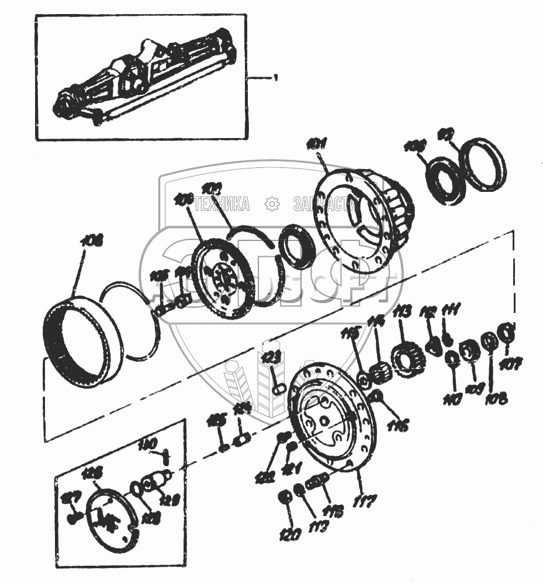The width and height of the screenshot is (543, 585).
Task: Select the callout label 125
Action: [x=217, y=419]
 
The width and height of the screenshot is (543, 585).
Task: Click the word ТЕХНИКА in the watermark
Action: [x=222, y=204]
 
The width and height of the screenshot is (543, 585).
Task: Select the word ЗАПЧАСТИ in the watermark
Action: [x=325, y=204]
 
